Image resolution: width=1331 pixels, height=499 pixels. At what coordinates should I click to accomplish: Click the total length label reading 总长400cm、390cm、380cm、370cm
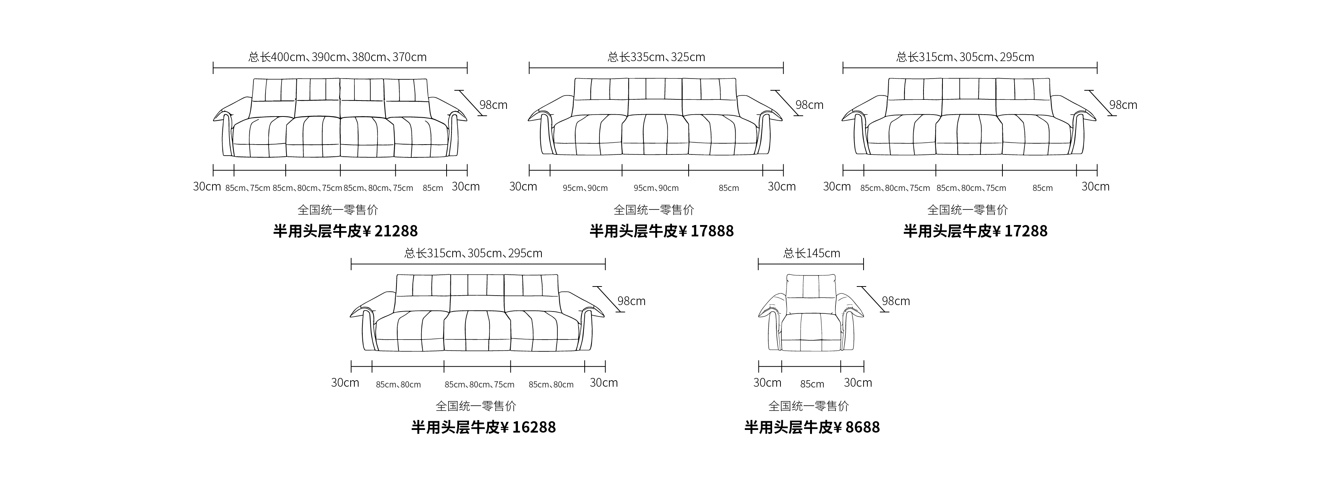[x=337, y=57]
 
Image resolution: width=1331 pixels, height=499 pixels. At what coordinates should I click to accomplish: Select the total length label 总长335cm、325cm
[x=656, y=57]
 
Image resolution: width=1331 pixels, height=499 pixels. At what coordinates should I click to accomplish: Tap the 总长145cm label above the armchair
[x=812, y=253]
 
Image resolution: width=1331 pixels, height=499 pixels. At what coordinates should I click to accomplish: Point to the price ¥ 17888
[x=706, y=231]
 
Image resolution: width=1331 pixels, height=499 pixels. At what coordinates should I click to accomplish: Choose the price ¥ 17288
[x=1021, y=231]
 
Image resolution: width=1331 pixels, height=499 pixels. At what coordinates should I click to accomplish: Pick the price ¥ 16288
[x=529, y=427]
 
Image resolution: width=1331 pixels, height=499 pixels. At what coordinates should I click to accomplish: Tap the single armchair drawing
[x=811, y=313]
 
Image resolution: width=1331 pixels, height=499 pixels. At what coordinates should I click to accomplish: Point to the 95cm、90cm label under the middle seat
[x=656, y=188]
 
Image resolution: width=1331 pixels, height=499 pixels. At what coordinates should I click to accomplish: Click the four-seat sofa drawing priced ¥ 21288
[x=340, y=118]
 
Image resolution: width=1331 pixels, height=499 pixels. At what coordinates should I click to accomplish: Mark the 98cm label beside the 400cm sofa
[x=494, y=105]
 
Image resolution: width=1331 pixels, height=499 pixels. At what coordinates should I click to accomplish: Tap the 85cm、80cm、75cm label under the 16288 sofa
[x=480, y=384]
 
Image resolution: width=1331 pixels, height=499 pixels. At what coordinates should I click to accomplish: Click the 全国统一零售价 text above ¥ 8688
[x=809, y=406]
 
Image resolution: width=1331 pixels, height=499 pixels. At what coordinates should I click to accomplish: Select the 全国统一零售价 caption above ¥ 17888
[x=654, y=210]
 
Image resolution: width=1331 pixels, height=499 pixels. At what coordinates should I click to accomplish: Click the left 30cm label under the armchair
[x=767, y=383]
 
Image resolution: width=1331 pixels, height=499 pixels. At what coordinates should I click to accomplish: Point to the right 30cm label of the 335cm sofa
[x=782, y=186]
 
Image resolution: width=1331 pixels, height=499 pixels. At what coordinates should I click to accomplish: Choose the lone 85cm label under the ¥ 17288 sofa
[x=1043, y=188]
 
